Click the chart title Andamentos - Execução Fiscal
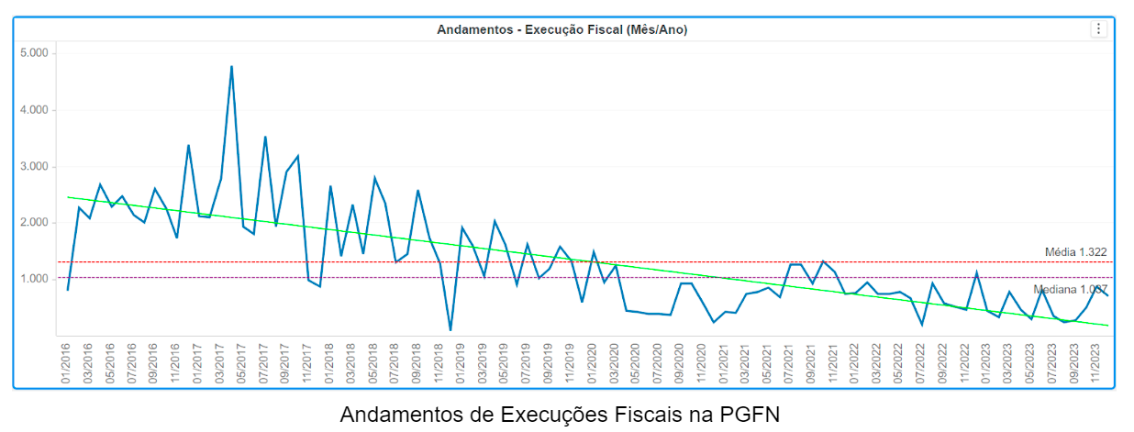point(561,29)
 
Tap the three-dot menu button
point(1098,29)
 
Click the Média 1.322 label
point(1075,252)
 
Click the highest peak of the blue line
point(231,66)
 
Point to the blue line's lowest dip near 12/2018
point(450,329)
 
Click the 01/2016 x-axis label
point(67,365)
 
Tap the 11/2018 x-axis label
point(439,365)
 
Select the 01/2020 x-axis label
point(593,365)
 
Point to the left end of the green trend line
point(68,197)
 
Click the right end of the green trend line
point(1107,326)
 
